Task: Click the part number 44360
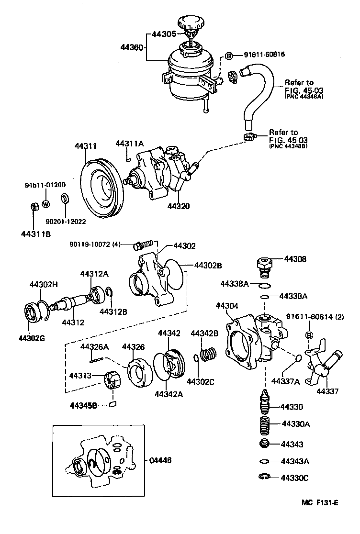(132, 47)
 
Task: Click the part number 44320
(179, 207)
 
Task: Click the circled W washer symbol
(46, 204)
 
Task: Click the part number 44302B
(208, 265)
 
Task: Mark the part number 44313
(80, 376)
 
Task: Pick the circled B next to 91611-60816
(229, 56)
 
